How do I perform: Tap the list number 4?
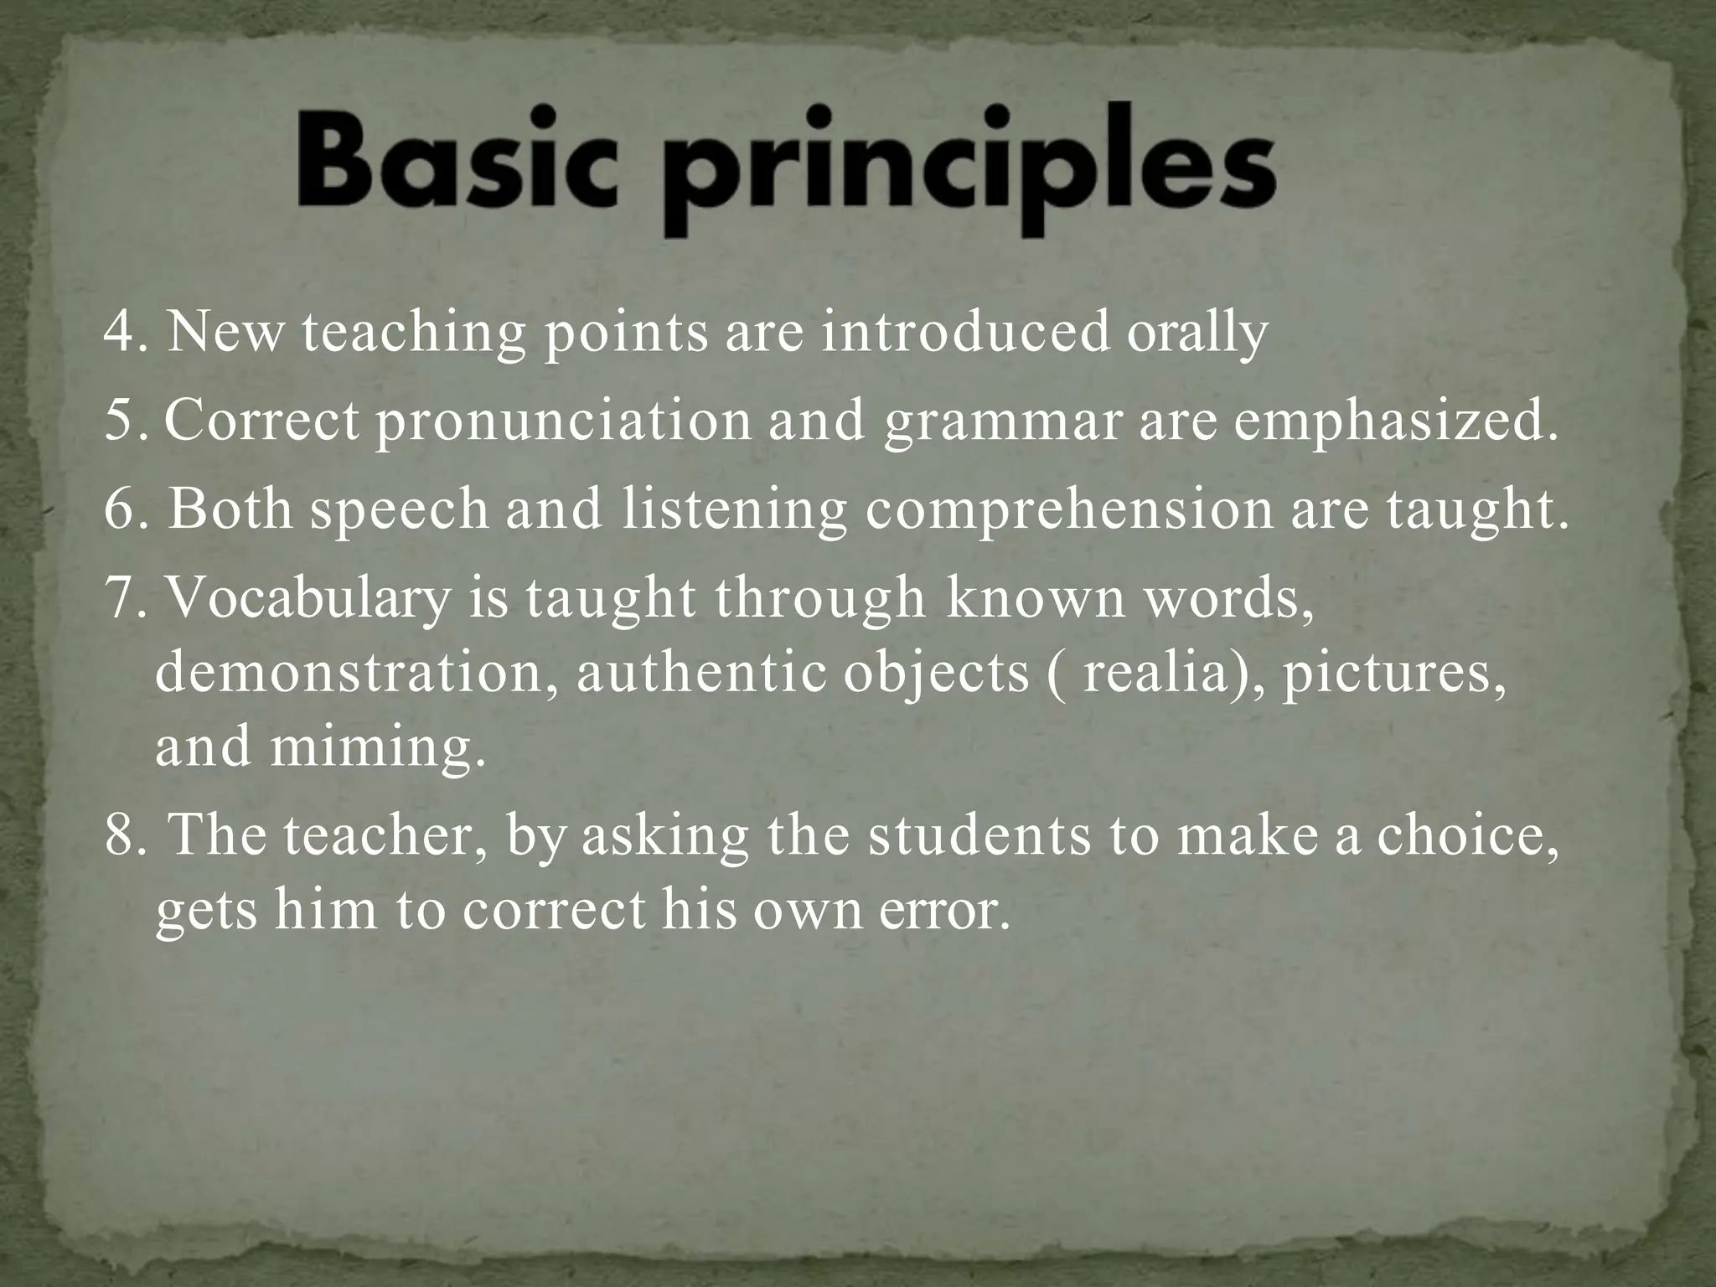(x=121, y=333)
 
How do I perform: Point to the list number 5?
(x=121, y=421)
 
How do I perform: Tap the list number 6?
(x=121, y=510)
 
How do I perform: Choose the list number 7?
(x=121, y=599)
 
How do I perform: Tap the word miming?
(x=377, y=748)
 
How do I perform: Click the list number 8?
(x=121, y=837)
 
